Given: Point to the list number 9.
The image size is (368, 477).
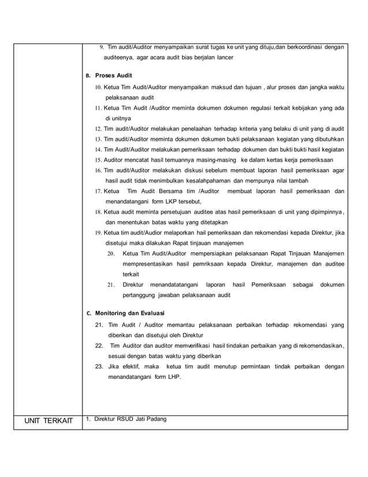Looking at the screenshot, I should tap(102, 47).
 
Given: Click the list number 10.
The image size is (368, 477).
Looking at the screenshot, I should tap(98, 87).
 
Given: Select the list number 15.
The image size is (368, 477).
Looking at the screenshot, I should tap(98, 159).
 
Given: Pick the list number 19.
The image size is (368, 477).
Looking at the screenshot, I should tap(98, 232).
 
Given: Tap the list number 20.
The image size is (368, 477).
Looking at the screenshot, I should tap(111, 254).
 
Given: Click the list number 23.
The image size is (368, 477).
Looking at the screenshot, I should tap(99, 367).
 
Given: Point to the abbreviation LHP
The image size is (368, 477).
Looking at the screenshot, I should tap(171, 377).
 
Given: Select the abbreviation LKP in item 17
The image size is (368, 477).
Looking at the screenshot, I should tap(154, 201).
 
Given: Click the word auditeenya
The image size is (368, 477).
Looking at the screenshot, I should tap(119, 58).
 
